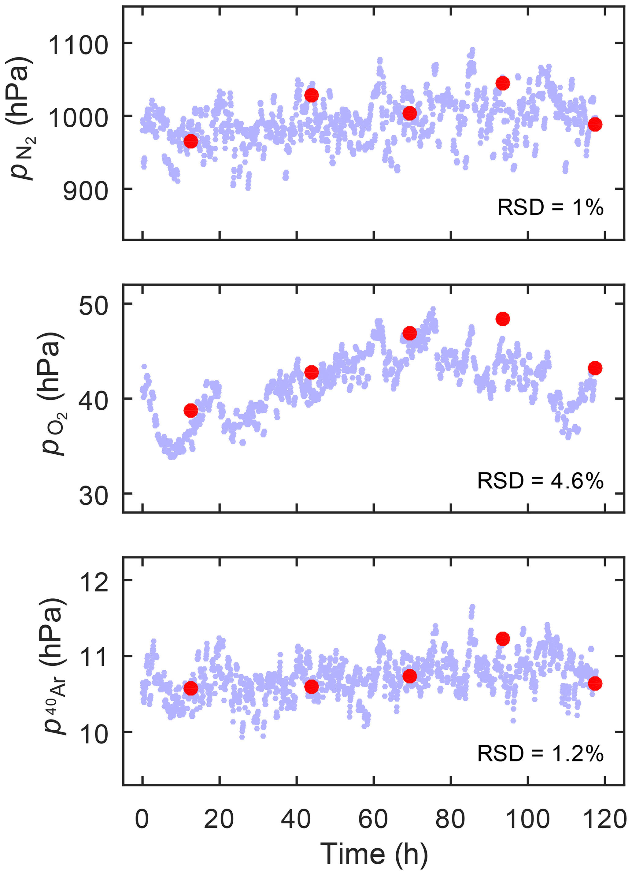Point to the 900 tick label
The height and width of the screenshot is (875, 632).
[x=86, y=191]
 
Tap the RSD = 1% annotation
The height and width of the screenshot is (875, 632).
[x=550, y=207]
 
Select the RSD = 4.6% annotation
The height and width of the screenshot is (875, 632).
[x=540, y=481]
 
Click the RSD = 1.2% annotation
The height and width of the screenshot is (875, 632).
[x=540, y=754]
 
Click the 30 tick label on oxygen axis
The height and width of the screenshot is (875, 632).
[x=93, y=496]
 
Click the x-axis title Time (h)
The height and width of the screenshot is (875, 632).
[x=374, y=854]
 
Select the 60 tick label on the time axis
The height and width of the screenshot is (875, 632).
[x=373, y=819]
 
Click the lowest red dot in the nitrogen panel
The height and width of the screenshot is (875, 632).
[x=191, y=141]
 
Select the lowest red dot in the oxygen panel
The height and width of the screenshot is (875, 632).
[x=191, y=411]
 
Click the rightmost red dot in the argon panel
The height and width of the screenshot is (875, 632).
[x=595, y=684]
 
